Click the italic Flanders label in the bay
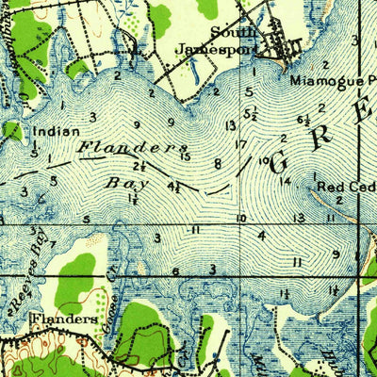point(132,148)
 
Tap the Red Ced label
point(345,187)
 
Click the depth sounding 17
point(241,144)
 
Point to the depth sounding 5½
point(251,114)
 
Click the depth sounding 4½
point(175,188)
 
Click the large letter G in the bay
point(280,162)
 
